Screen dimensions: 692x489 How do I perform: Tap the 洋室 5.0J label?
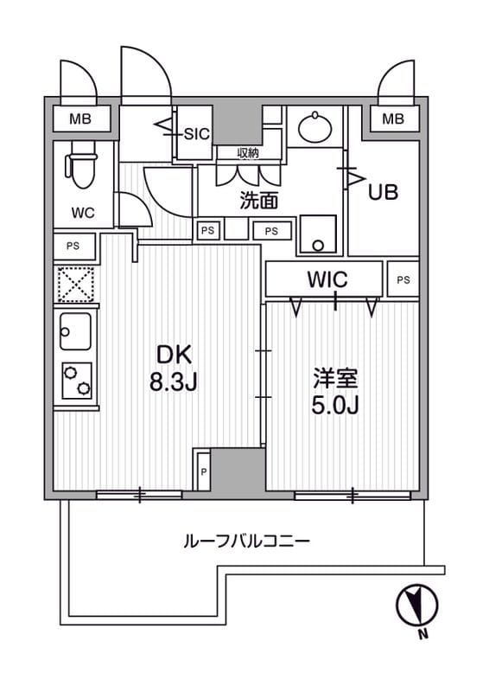click(335, 392)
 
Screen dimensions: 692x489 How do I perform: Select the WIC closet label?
click(326, 279)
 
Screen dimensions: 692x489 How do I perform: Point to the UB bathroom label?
click(383, 192)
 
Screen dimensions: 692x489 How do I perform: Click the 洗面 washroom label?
click(257, 201)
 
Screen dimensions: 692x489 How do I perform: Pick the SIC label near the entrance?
click(197, 133)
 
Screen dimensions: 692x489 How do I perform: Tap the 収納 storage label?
click(248, 153)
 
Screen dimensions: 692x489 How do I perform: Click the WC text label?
click(83, 213)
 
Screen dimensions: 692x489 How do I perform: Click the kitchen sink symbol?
click(76, 329)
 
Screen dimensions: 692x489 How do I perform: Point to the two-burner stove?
click(76, 378)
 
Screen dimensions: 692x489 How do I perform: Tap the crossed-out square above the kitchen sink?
click(75, 284)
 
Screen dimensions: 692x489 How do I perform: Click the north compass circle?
click(416, 605)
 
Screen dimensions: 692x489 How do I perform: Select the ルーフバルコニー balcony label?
click(246, 542)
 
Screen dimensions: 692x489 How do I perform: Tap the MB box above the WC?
click(79, 119)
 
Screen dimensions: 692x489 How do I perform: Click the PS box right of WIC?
click(403, 279)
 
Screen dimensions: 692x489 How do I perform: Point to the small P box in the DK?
click(203, 471)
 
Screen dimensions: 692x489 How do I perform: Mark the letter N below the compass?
click(422, 637)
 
